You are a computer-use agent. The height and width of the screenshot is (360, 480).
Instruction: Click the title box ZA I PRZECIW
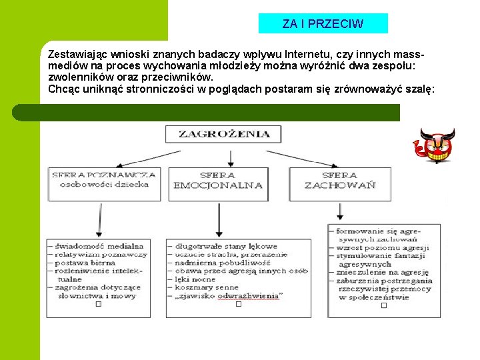(323, 24)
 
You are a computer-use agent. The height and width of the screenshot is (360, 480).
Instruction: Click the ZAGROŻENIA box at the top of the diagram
(224, 134)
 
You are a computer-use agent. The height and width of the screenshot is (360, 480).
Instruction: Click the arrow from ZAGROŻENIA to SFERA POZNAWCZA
(140, 158)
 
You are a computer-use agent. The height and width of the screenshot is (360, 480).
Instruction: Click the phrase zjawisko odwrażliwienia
(229, 295)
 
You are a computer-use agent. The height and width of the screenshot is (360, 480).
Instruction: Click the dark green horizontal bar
(220, 112)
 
